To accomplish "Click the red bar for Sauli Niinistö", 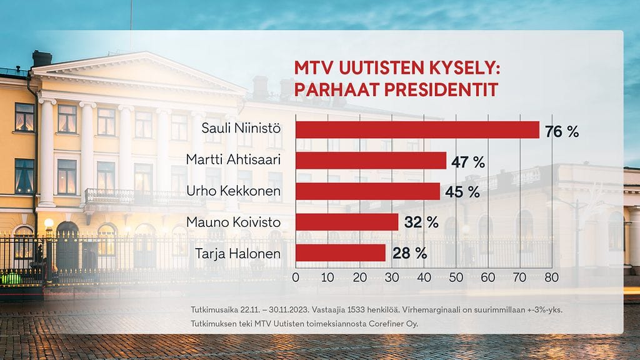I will (x=417, y=130).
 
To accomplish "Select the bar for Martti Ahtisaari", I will (x=371, y=161).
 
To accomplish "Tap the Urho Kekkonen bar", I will (x=367, y=191).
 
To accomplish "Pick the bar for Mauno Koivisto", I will (x=347, y=222).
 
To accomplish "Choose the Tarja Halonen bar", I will (x=341, y=252).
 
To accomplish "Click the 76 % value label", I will (x=562, y=131).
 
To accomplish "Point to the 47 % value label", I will (x=468, y=162).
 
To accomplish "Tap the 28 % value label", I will (x=409, y=254).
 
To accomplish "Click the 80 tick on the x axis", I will (x=551, y=277).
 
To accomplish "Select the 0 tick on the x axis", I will (x=296, y=277).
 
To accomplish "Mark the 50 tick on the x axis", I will (x=455, y=277).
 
